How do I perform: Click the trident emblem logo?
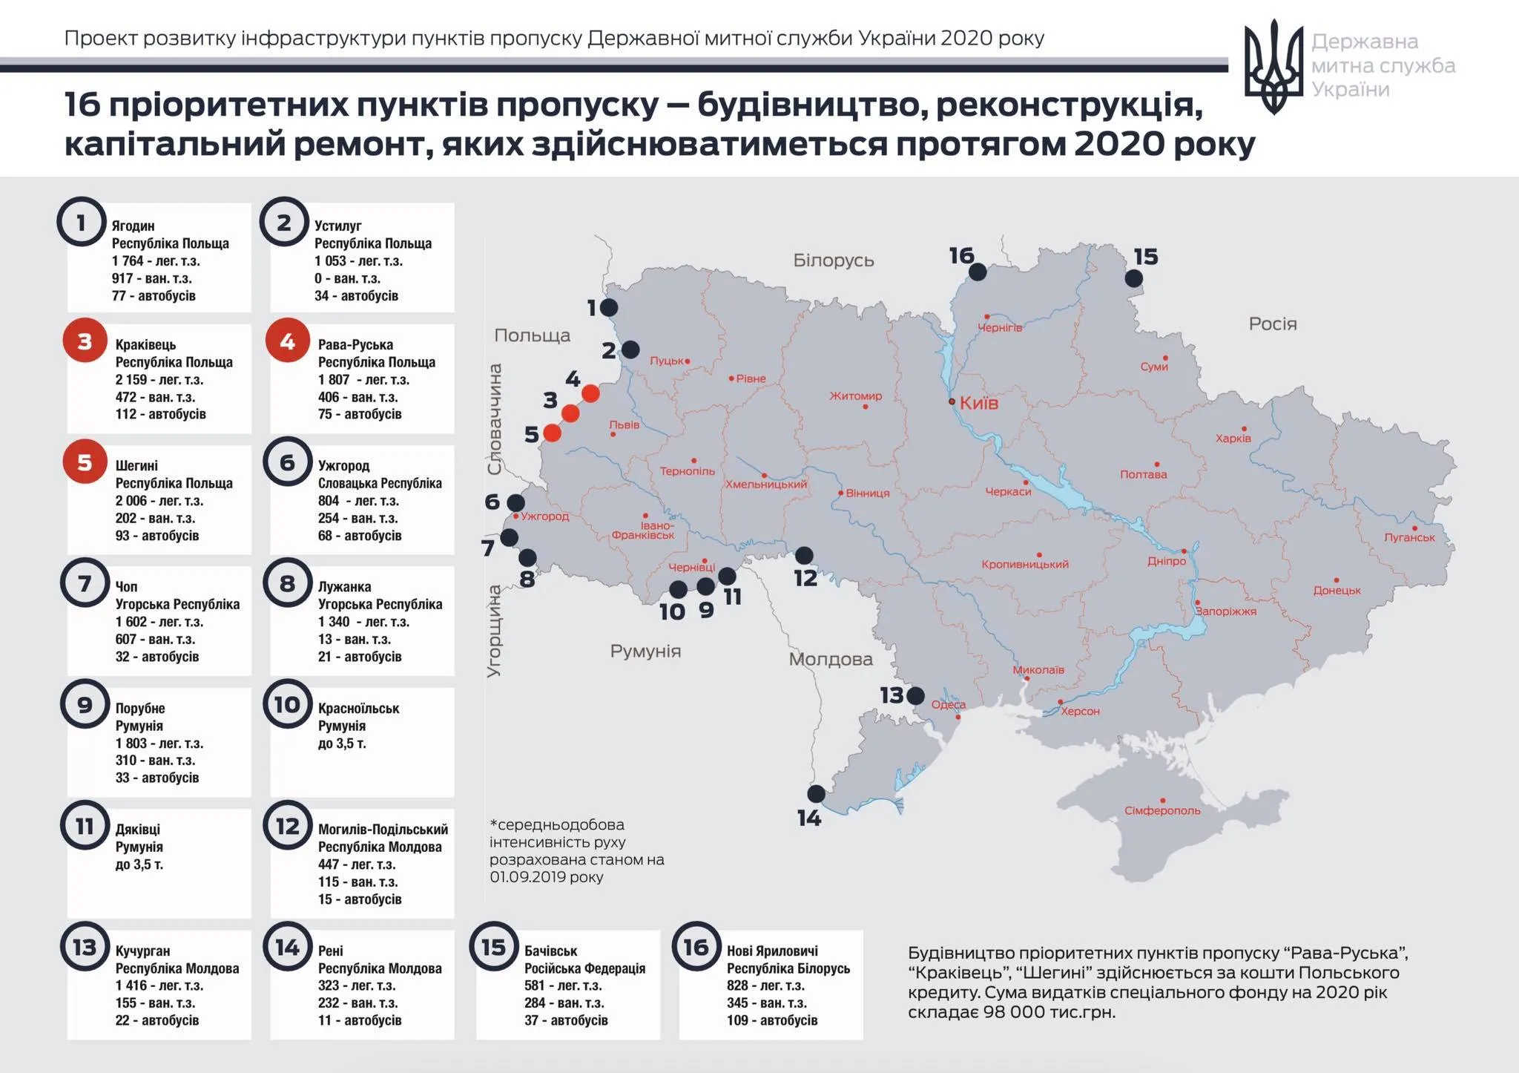1273,66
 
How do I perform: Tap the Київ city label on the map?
978,403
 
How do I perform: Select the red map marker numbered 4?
590,393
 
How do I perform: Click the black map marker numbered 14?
816,794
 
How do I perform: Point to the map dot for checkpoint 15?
1133,278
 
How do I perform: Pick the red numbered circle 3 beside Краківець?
85,341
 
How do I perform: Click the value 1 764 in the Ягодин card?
130,261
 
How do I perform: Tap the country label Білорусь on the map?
833,260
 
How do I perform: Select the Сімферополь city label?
1162,810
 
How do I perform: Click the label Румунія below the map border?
645,652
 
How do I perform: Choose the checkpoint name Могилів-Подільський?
383,830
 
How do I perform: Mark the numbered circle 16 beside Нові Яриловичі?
696,947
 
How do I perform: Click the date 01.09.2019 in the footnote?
526,877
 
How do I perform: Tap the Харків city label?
1233,439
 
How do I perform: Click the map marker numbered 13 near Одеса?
915,695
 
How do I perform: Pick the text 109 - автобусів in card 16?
772,1020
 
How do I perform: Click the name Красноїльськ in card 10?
358,709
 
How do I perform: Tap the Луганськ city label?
1409,537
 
